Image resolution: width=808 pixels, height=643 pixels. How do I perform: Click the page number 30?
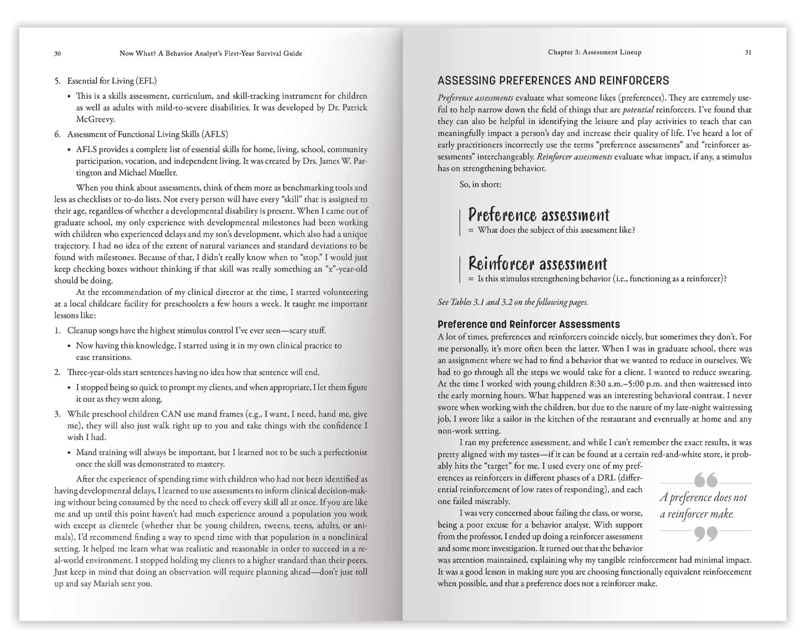click(57, 54)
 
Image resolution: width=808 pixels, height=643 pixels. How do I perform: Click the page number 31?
click(748, 52)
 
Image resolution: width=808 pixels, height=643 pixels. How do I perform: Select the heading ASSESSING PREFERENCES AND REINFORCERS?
click(553, 81)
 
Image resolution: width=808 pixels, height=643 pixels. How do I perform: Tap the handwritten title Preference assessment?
click(539, 215)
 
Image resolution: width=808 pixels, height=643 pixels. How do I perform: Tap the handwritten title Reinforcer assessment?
click(538, 264)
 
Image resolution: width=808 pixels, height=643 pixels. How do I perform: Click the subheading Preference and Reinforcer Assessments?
click(528, 324)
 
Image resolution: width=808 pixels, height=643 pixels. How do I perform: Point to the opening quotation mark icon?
click(706, 480)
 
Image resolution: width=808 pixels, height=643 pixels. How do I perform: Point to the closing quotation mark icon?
click(706, 534)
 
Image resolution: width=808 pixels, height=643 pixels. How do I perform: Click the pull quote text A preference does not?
click(703, 497)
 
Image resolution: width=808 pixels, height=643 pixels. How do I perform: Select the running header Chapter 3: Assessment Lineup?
click(595, 52)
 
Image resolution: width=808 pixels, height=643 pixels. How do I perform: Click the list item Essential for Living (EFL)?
click(112, 81)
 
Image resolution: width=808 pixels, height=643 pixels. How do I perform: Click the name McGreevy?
click(95, 119)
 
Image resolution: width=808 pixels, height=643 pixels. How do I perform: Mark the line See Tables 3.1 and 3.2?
click(512, 302)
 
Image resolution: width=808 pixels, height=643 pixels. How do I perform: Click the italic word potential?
click(638, 110)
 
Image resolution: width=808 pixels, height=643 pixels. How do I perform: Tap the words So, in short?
click(480, 184)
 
